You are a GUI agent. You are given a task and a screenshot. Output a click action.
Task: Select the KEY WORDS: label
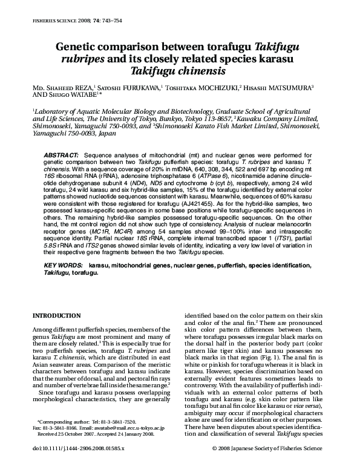[x=64, y=266]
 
